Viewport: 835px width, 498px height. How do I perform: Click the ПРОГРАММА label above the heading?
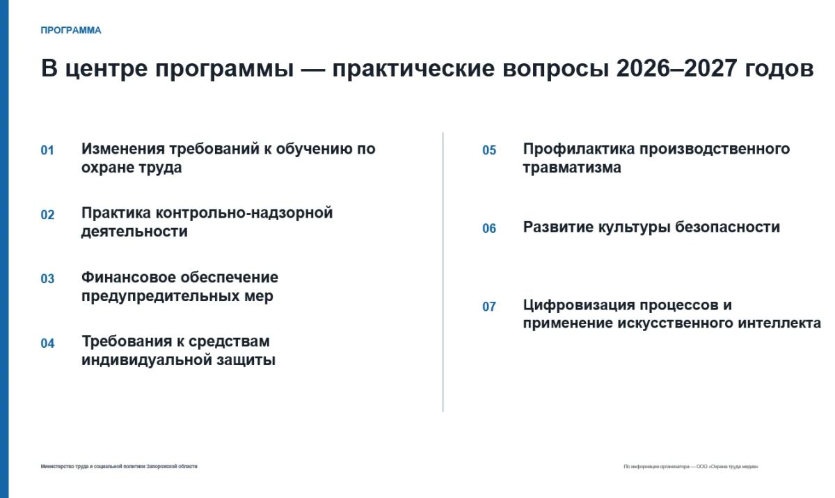(71, 30)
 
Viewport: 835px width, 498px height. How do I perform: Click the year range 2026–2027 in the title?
(676, 68)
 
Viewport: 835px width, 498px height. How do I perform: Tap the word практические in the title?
(413, 70)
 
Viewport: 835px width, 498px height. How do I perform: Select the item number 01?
(47, 150)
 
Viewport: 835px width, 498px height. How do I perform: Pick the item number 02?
(47, 214)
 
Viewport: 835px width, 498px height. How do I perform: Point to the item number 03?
(47, 279)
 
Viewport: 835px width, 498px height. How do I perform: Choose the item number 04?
(47, 343)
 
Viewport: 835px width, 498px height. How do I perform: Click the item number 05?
(489, 150)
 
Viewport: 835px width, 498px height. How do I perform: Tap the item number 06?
(489, 228)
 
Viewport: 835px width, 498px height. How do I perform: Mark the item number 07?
(489, 307)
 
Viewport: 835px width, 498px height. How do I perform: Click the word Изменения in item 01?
(123, 149)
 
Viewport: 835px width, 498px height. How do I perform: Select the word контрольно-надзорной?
(244, 214)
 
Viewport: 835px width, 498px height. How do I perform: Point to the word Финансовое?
(128, 278)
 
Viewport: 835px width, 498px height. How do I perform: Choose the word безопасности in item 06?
(727, 227)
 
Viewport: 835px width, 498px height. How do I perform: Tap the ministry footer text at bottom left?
(119, 466)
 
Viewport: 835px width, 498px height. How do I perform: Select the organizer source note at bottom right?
(691, 466)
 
